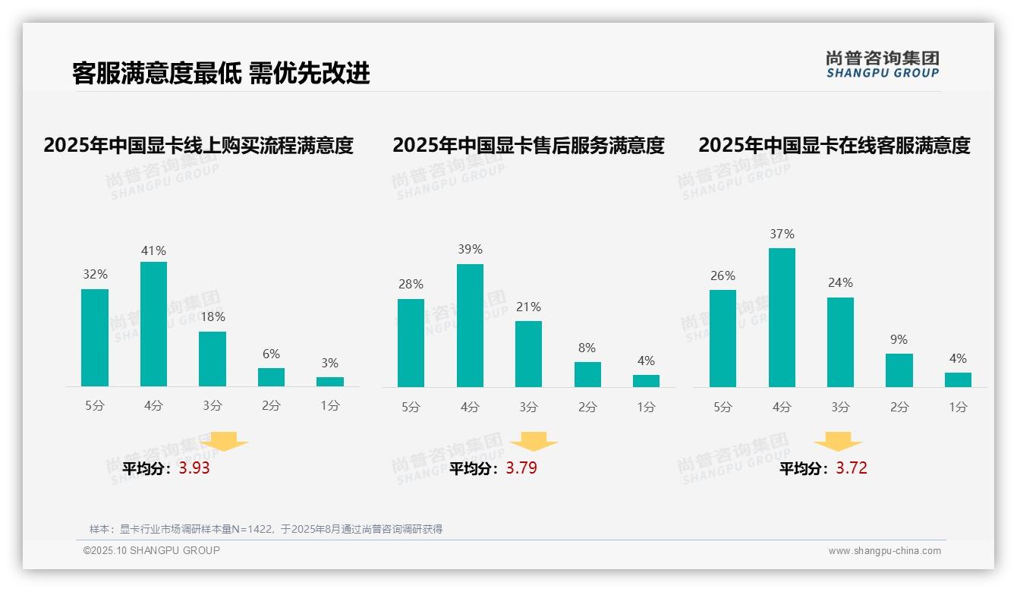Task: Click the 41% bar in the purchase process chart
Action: (154, 324)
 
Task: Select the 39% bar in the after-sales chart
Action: (470, 326)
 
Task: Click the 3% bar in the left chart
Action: (330, 382)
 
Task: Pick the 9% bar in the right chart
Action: (899, 370)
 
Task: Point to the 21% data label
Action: (528, 307)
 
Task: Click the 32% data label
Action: (95, 275)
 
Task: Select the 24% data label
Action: (840, 283)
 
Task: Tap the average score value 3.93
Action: (194, 468)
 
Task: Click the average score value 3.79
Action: (521, 468)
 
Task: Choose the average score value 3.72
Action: (852, 468)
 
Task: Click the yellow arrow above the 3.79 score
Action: (534, 441)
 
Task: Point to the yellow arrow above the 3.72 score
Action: (838, 441)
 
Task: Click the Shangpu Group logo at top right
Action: (882, 65)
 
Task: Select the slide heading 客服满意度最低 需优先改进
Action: (221, 74)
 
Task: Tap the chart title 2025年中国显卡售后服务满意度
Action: (528, 145)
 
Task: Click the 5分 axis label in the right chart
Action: (723, 408)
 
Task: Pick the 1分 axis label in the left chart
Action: (330, 406)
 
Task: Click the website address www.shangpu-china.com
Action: (884, 551)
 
